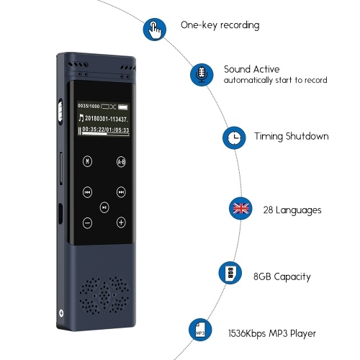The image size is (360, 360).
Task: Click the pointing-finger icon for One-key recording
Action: (155, 30)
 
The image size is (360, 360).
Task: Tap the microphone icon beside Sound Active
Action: (202, 75)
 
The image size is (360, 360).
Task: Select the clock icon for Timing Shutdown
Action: (234, 138)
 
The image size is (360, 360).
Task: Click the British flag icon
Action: (240, 208)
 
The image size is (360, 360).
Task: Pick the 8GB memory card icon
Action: (230, 273)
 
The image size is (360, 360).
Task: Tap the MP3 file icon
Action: (200, 330)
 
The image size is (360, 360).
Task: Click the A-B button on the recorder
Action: (121, 162)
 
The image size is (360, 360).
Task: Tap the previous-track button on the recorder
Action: (87, 192)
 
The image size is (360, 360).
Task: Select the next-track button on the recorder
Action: (121, 192)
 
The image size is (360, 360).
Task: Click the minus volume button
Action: (87, 223)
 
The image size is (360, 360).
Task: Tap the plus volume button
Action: (121, 222)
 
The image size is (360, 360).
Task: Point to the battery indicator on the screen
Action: (122, 107)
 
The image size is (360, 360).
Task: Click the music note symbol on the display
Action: (81, 118)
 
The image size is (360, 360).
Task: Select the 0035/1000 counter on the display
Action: (89, 106)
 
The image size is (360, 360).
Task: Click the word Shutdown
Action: (307, 136)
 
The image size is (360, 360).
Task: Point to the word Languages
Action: (298, 210)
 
